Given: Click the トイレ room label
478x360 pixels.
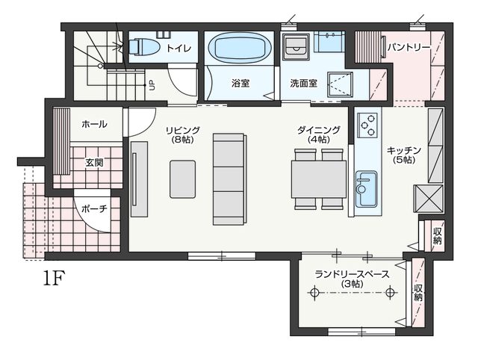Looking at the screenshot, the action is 179,48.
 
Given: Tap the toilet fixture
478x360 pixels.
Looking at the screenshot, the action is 144,47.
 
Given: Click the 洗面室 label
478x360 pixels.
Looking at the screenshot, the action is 304,83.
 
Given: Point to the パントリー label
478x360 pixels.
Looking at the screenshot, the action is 409,47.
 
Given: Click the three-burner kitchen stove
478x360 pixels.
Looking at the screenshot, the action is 367,125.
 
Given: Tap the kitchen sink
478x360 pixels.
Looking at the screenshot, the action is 366,189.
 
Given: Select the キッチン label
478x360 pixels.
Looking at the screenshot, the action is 404,150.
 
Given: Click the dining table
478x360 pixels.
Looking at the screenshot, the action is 319,179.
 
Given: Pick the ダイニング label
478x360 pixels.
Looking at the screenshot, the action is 319,130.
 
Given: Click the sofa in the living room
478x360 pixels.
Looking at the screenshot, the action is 229,179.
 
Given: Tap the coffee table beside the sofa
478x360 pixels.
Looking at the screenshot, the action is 182,179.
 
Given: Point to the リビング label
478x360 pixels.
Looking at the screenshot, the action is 182,130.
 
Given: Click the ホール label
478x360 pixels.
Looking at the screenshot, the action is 95,124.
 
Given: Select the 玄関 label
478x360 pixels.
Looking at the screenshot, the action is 94,163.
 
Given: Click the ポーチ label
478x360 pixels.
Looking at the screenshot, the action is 95,209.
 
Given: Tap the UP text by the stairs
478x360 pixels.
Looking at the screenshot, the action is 152,85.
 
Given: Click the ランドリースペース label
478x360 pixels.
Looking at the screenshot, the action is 352,274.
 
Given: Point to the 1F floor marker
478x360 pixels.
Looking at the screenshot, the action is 55,278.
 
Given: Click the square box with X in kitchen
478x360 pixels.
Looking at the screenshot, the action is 428,199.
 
